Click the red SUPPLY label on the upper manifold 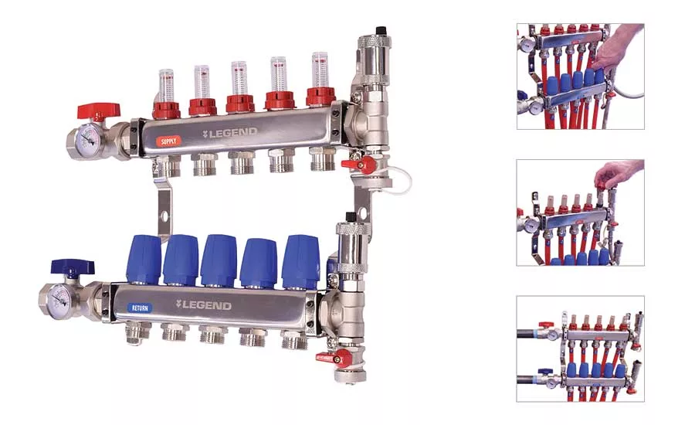point(168,141)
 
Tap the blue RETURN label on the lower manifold point(140,308)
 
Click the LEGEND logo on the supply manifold point(229,133)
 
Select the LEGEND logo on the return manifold point(203,305)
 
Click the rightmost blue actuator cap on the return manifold point(300,260)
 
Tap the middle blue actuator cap point(219,261)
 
